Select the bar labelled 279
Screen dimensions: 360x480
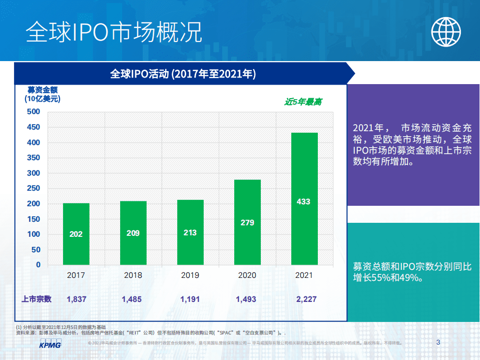[247, 222]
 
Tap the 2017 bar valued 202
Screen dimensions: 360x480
[76, 234]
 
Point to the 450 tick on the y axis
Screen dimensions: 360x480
[34, 127]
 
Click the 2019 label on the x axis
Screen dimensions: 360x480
[190, 275]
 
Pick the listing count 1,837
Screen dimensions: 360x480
[77, 299]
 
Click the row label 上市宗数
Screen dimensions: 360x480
[36, 299]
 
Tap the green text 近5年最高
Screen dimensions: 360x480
[303, 102]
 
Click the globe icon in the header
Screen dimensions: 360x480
[446, 31]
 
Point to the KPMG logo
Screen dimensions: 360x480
[50, 344]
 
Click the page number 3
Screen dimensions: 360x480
[438, 343]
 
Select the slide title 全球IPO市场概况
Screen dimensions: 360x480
[114, 32]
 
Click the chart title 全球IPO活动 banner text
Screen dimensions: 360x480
[183, 75]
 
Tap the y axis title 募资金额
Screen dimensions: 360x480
[43, 90]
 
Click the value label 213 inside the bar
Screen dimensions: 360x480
[190, 233]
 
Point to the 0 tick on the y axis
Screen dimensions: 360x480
[38, 265]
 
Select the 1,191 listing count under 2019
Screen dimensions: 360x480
[190, 299]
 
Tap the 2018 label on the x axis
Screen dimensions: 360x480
[133, 275]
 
